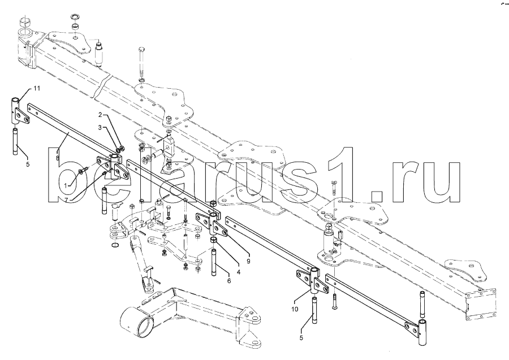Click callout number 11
(x=37, y=88)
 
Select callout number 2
(x=100, y=115)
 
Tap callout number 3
(x=100, y=128)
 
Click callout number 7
(x=66, y=200)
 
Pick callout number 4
(x=238, y=272)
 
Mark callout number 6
(x=229, y=281)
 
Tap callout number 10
(x=295, y=309)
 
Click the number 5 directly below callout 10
(x=301, y=337)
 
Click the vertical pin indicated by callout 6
(x=214, y=262)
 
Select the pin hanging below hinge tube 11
(x=16, y=142)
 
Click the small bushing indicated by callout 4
(x=213, y=240)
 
